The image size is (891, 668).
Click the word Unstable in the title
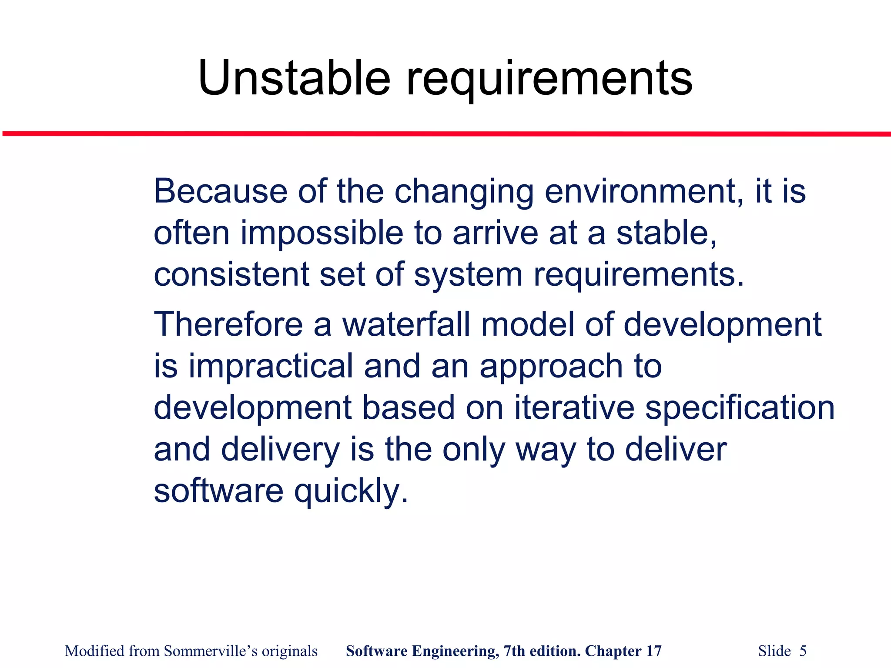294,78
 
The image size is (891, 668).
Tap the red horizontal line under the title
445,134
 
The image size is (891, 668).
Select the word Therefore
228,324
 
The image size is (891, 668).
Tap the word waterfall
406,324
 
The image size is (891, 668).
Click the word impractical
271,366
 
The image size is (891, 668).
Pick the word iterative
574,407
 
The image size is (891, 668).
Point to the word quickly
351,491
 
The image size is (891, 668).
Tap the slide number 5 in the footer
803,651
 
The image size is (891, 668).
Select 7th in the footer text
513,651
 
